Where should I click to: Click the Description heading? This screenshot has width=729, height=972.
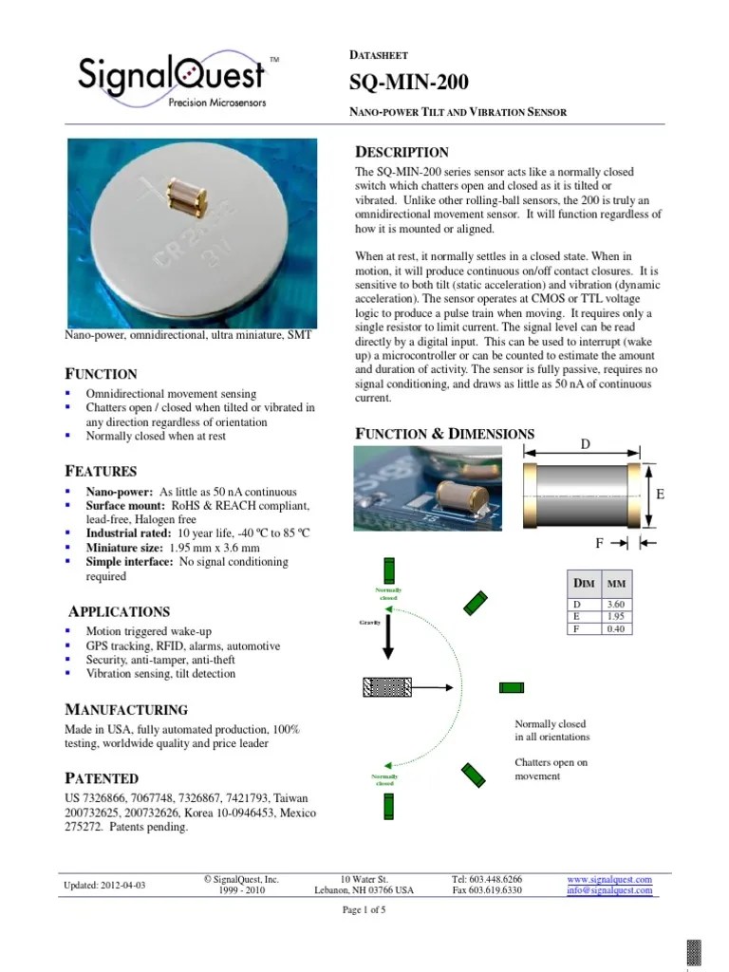point(402,152)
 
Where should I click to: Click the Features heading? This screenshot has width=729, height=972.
point(101,471)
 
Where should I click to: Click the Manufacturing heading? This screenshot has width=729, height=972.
point(125,709)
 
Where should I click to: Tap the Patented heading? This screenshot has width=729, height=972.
point(101,777)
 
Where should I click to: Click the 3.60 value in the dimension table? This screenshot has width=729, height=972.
point(615,604)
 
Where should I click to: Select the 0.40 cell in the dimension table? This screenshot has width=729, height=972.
point(615,628)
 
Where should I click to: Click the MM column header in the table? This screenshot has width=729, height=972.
point(615,583)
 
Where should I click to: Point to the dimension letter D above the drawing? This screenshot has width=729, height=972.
point(585,443)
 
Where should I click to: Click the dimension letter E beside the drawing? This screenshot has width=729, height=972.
point(660,495)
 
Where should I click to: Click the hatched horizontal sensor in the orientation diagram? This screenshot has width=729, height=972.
point(386,686)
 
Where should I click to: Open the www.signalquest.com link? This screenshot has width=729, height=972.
point(609,879)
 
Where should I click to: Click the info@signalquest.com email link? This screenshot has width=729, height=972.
point(609,890)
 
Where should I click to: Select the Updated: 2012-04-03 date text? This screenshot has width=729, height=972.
point(104,885)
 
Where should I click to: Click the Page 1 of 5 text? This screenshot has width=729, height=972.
point(364,909)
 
